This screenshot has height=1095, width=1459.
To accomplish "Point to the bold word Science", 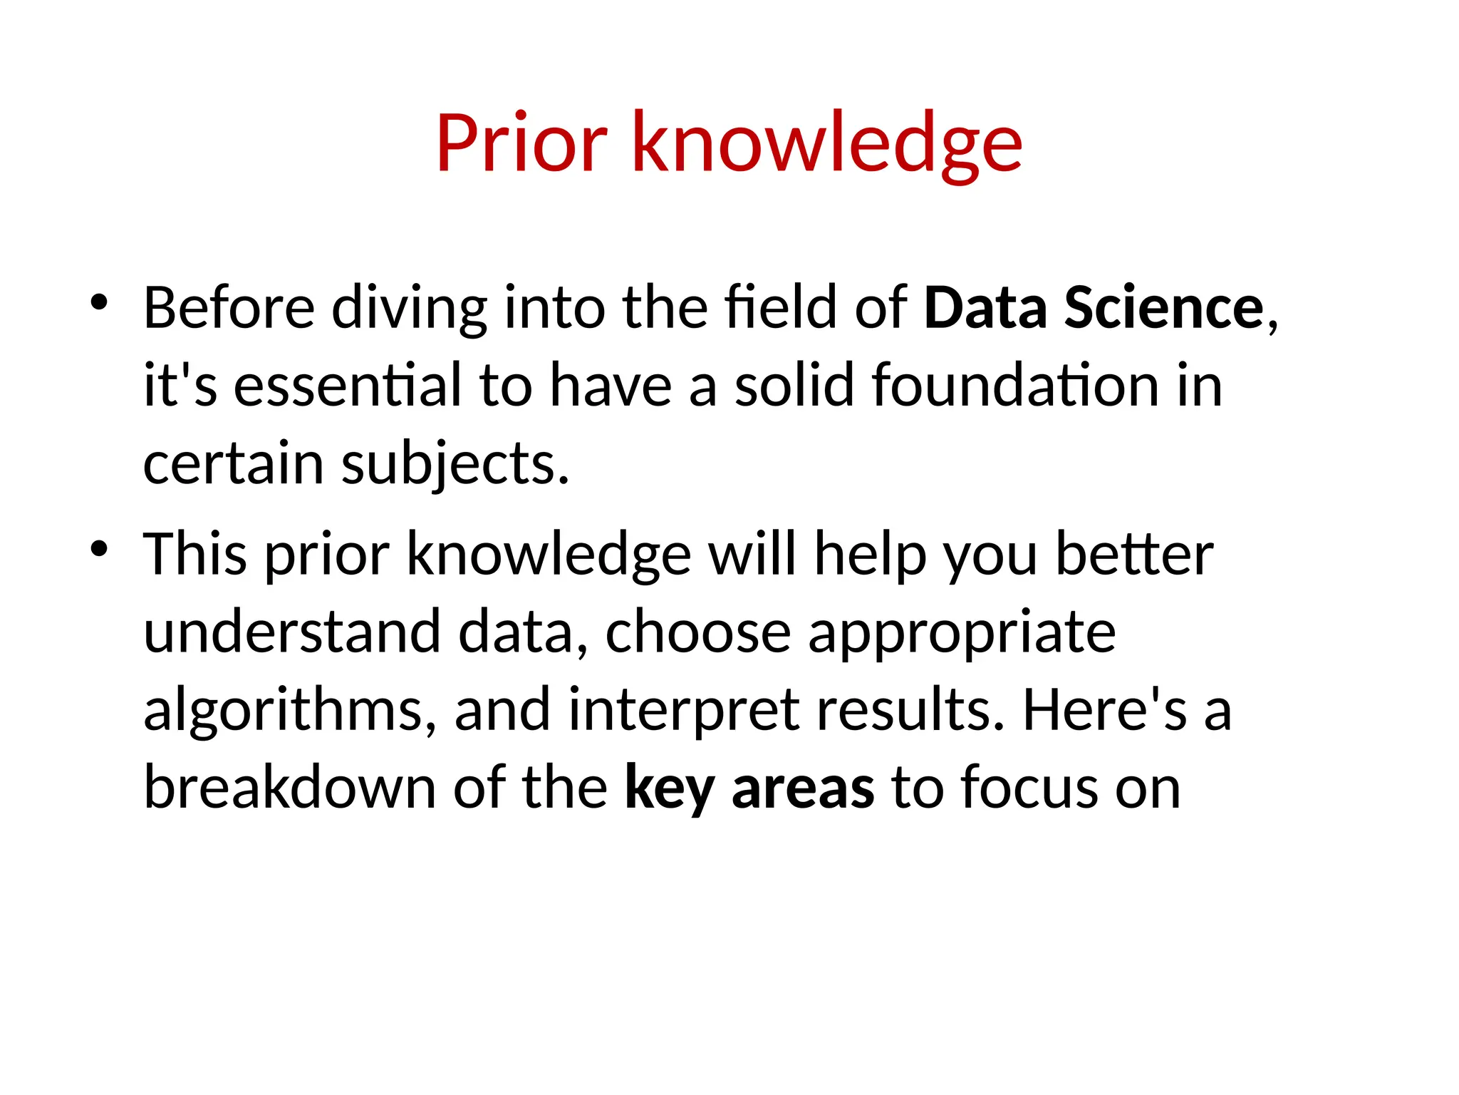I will pyautogui.click(x=1163, y=308).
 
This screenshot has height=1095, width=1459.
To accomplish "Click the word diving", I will pyautogui.click(x=409, y=308).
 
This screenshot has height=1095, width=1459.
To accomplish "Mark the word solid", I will pyautogui.click(x=794, y=386).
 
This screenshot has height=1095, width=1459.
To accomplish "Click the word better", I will pyautogui.click(x=1134, y=555).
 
